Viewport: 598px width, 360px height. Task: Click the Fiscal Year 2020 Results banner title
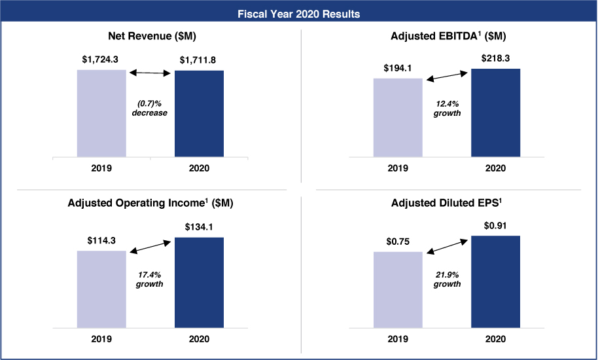pyautogui.click(x=299, y=13)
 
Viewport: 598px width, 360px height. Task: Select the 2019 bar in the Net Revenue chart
pyautogui.click(x=101, y=113)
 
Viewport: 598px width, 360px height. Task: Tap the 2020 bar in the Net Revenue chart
pyautogui.click(x=199, y=113)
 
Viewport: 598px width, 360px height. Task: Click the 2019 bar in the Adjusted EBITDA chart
pyautogui.click(x=398, y=117)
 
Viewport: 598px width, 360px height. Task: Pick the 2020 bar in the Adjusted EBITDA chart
pyautogui.click(x=495, y=113)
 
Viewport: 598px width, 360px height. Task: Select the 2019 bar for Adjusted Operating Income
pyautogui.click(x=101, y=289)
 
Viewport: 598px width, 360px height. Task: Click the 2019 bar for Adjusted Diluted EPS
pyautogui.click(x=398, y=289)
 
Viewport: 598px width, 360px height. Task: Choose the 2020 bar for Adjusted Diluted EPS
pyautogui.click(x=495, y=281)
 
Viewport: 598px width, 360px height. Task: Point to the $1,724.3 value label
pyautogui.click(x=101, y=60)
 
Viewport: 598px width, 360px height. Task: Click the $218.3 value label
pyautogui.click(x=495, y=58)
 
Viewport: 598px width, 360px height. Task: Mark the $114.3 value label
pyautogui.click(x=101, y=240)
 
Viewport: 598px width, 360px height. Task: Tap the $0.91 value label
pyautogui.click(x=495, y=225)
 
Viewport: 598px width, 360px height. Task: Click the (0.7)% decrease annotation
pyautogui.click(x=150, y=108)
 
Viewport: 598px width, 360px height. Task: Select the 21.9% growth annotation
pyautogui.click(x=448, y=279)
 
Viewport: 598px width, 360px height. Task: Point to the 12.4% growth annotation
pyautogui.click(x=448, y=108)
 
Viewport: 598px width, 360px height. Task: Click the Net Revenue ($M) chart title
pyautogui.click(x=150, y=36)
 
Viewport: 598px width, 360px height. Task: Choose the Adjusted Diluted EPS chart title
pyautogui.click(x=448, y=203)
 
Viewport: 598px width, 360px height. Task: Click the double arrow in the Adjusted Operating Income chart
pyautogui.click(x=150, y=246)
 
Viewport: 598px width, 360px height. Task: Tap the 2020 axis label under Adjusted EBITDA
pyautogui.click(x=495, y=168)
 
